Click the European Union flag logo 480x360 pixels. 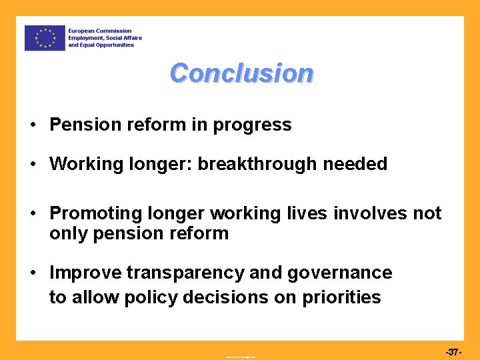click(x=45, y=38)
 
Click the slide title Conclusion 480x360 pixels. click(x=241, y=73)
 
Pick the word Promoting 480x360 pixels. click(x=94, y=213)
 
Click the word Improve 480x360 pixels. click(x=86, y=273)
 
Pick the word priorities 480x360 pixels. click(x=342, y=297)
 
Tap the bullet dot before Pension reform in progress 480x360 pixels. click(x=32, y=125)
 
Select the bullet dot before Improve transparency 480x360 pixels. click(x=32, y=273)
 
